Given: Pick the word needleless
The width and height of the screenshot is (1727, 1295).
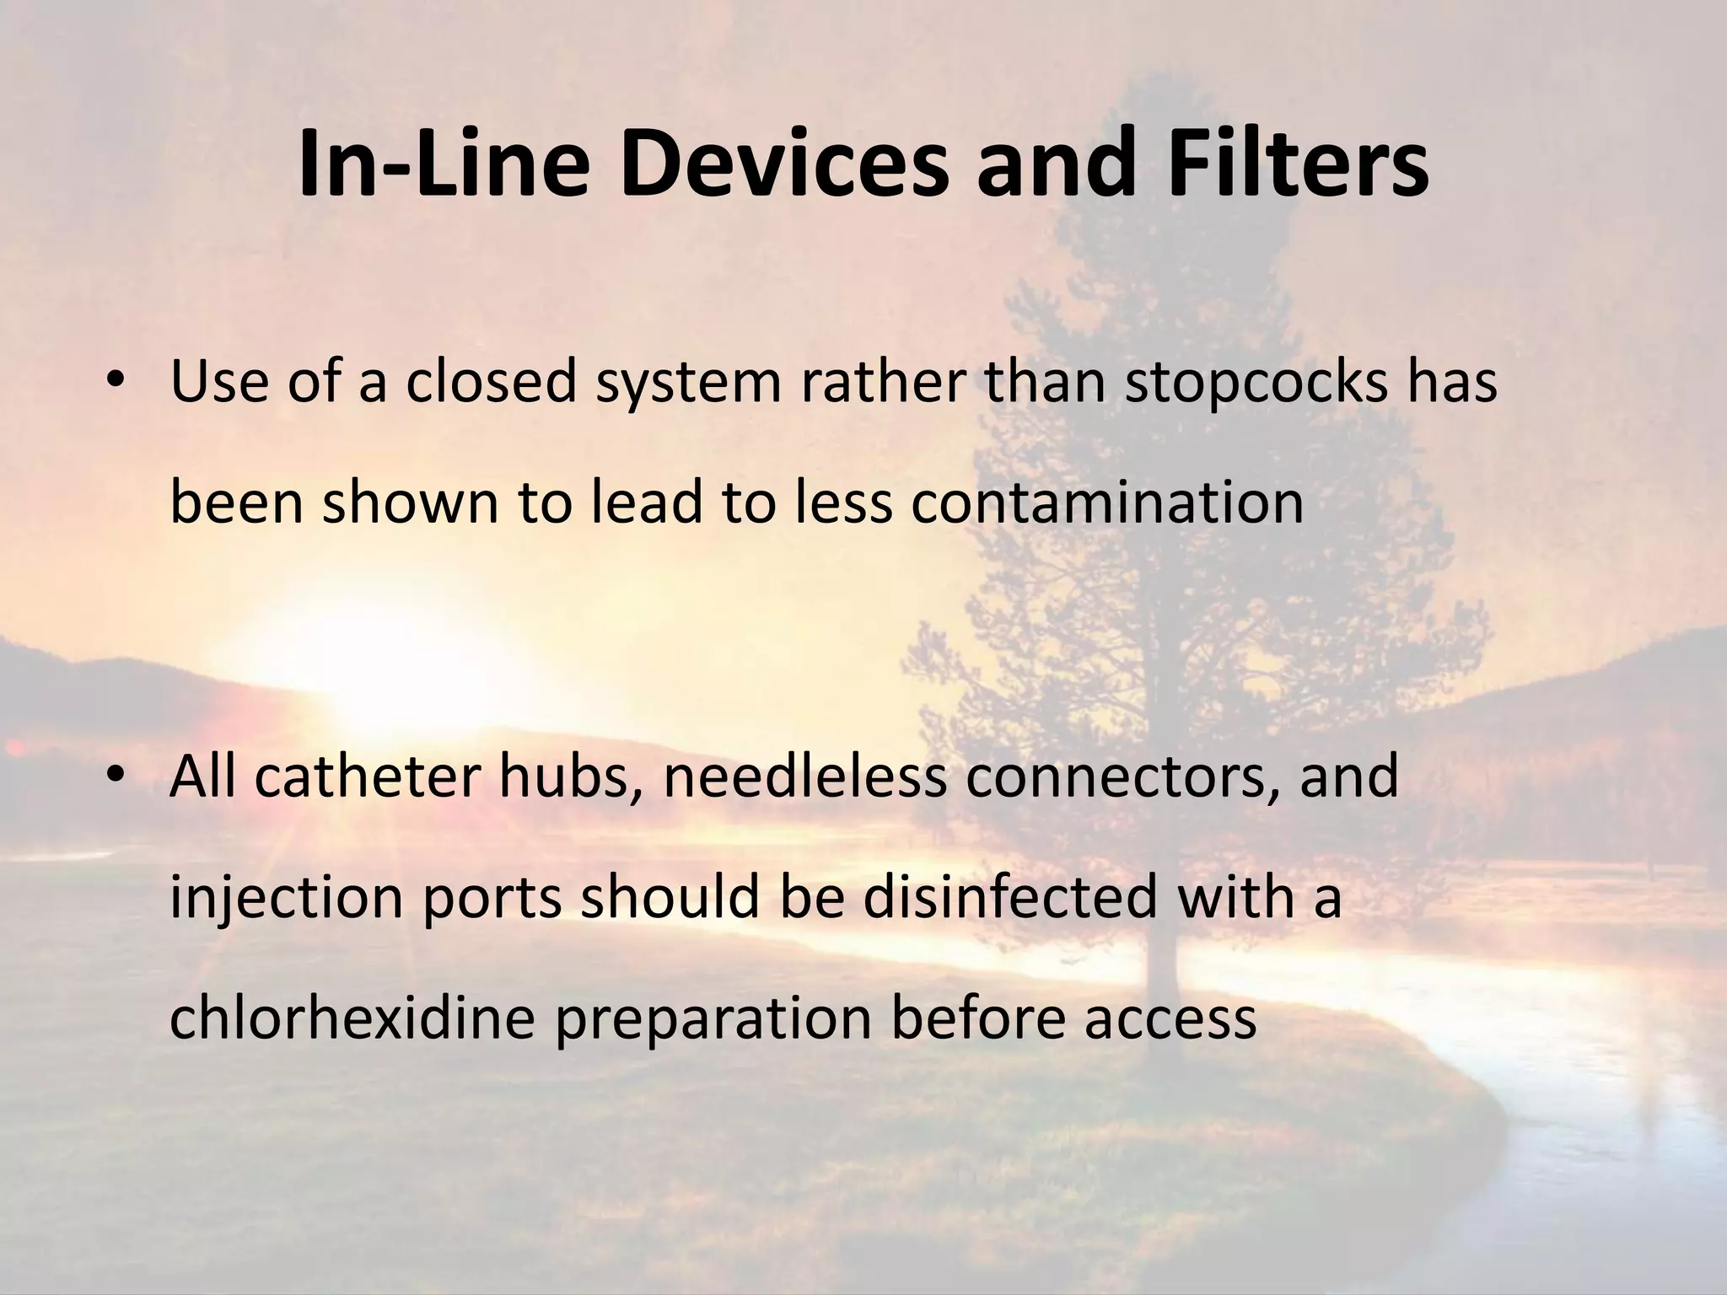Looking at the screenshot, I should pyautogui.click(x=804, y=777).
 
